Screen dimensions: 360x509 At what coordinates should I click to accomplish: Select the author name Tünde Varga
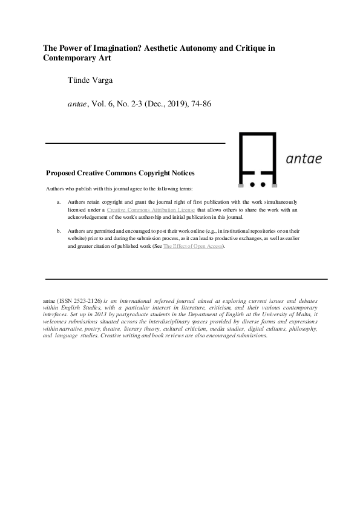click(x=89, y=80)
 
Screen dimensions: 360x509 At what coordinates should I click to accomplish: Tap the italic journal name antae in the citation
click(x=78, y=104)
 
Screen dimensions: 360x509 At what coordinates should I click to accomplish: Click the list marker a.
click(x=59, y=201)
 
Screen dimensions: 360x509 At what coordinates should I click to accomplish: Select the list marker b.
click(x=59, y=231)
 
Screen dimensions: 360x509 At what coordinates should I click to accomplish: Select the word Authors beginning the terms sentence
click(x=55, y=189)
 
